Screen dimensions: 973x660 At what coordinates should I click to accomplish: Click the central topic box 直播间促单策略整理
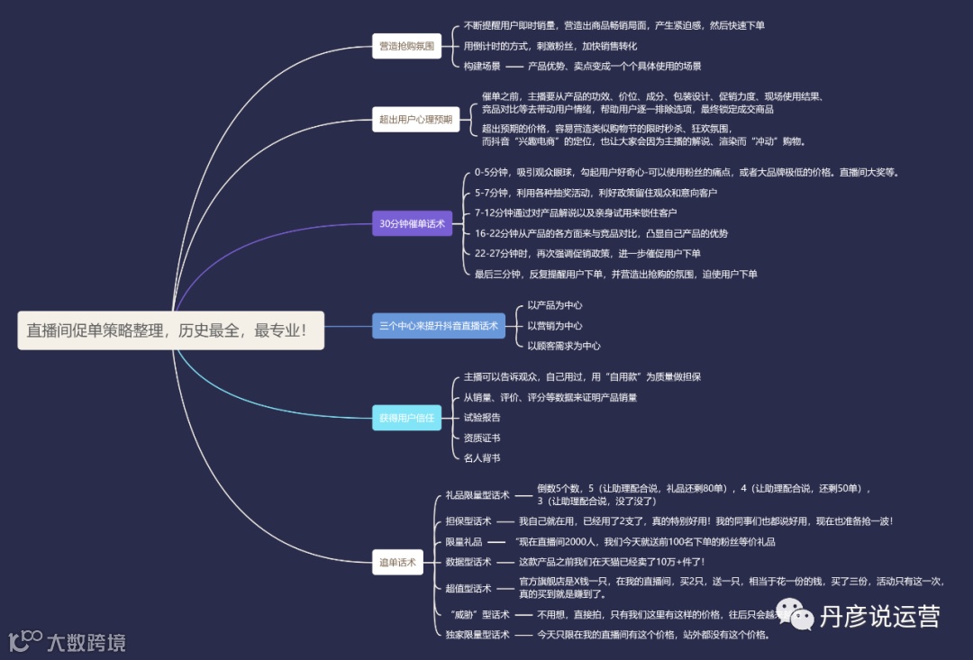171,330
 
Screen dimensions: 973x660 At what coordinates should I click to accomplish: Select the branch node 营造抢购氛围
405,45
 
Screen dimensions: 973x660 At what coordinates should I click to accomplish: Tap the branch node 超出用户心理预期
415,117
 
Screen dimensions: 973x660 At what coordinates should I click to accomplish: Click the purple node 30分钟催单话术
412,223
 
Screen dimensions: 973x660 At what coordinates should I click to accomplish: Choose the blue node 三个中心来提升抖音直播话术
438,326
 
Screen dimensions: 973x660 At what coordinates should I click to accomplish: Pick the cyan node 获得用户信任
406,418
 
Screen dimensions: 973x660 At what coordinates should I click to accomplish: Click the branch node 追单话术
397,563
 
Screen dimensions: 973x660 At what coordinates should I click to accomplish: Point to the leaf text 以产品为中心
554,305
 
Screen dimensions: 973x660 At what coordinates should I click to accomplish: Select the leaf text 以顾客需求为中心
563,346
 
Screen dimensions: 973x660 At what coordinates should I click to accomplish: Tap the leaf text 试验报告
482,418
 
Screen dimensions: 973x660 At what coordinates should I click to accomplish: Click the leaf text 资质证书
482,438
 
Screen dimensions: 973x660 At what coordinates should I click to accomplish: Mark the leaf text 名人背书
482,458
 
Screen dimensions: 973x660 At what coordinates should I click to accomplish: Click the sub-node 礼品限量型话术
477,495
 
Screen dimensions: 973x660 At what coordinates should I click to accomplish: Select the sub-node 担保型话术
468,521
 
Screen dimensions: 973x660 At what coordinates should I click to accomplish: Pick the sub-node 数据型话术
468,562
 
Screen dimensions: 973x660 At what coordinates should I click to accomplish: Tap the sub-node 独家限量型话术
477,635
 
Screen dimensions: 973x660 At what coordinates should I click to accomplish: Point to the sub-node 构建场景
482,66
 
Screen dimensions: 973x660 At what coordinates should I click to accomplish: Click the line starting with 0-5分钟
686,172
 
